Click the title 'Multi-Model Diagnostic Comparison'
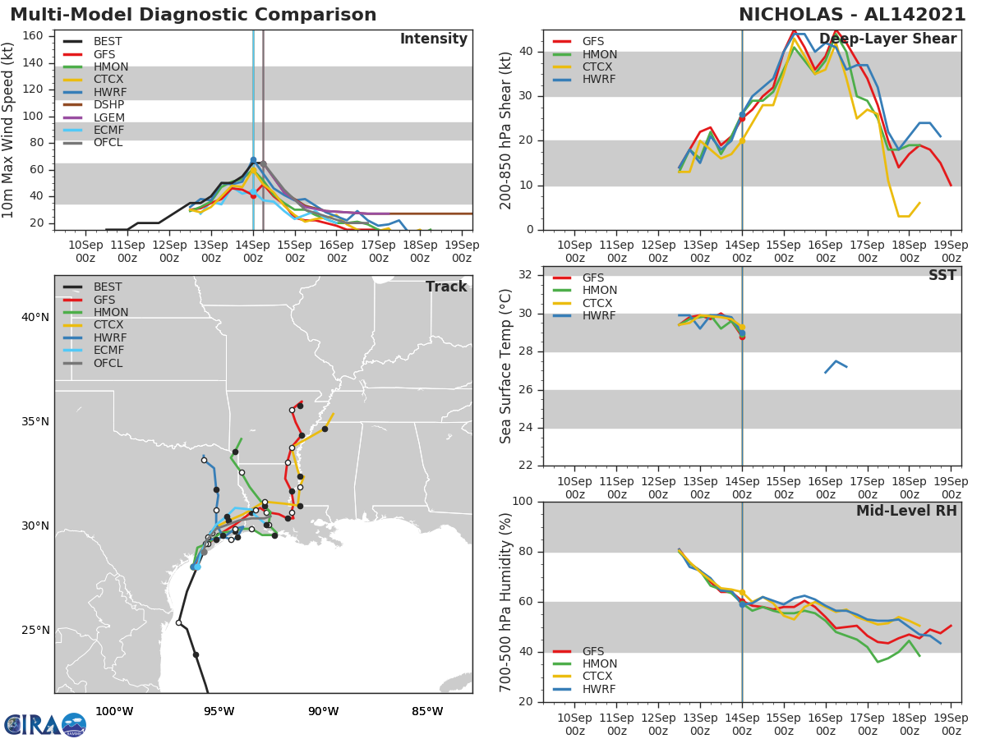pos(193,15)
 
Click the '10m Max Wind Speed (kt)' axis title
pos(9,130)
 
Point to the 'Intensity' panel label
pos(433,39)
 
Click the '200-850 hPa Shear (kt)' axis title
pos(506,130)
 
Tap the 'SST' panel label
pos(942,276)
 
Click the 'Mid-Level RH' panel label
pos(906,512)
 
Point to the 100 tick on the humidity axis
pos(523,502)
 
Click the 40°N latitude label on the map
pos(35,318)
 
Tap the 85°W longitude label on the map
pos(426,712)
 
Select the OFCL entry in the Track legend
pos(108,363)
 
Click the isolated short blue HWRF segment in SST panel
pos(836,365)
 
